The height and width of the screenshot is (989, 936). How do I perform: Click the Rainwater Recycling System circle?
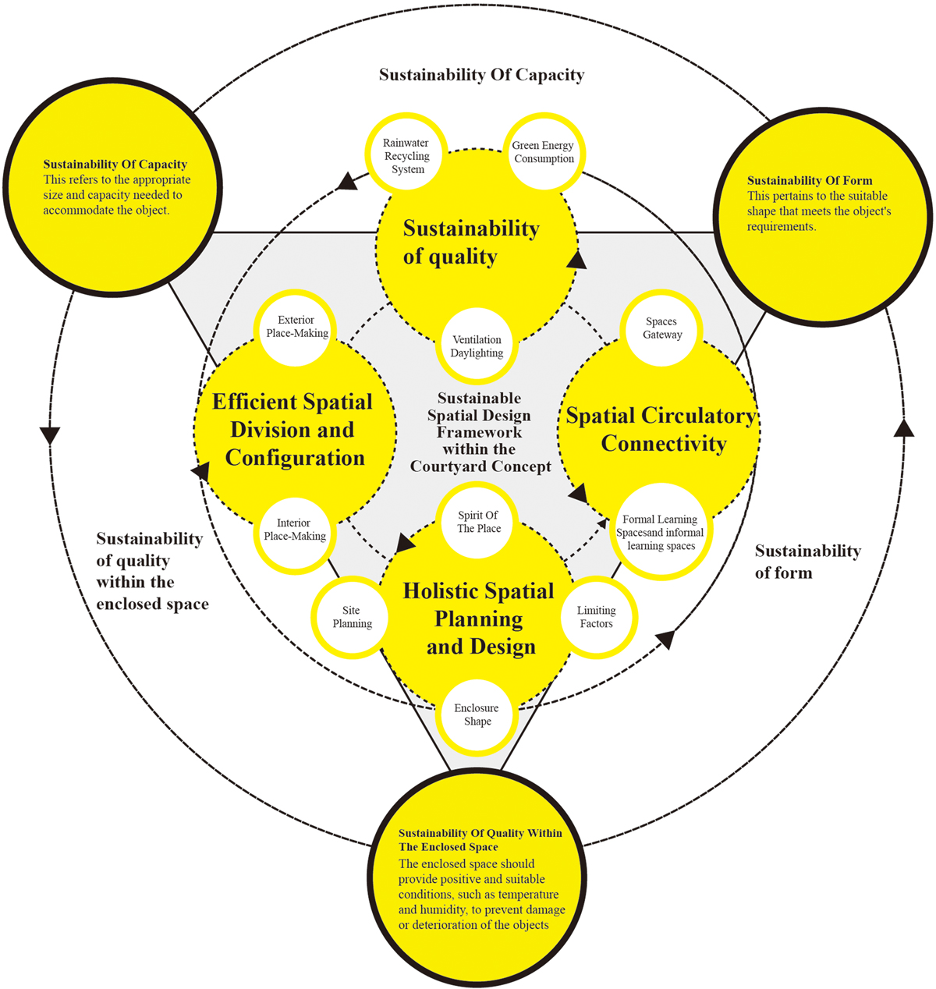coord(406,156)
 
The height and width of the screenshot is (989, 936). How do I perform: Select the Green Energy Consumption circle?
coord(544,153)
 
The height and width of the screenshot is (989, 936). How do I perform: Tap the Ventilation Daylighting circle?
coord(477,346)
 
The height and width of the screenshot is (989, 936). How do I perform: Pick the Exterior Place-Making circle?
coord(296,327)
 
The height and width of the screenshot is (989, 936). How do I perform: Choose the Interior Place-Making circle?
coord(295,530)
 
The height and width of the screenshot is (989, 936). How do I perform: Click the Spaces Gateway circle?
coord(661,328)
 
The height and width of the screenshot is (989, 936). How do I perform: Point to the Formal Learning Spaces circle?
coord(660,533)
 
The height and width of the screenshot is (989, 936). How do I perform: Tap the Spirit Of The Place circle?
coord(478,522)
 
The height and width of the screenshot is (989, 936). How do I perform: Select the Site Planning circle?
coord(352,617)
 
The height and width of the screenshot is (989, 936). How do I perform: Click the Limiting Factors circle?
coord(597,617)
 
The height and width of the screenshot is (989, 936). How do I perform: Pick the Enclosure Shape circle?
coord(477,714)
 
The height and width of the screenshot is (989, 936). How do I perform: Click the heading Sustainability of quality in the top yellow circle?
coord(471,243)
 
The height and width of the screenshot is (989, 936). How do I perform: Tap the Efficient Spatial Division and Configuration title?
coord(293,430)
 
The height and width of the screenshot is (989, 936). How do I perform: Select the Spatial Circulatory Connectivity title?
coord(661,430)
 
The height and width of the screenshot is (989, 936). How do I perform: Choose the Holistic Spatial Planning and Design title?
coord(479,619)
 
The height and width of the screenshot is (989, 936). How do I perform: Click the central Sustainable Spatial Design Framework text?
coord(480,432)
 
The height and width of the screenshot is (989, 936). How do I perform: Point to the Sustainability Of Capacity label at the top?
coord(481,75)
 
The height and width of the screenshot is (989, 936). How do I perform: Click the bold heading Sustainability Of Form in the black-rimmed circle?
coord(810,180)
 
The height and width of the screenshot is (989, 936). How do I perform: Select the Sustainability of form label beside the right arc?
coord(807,562)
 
